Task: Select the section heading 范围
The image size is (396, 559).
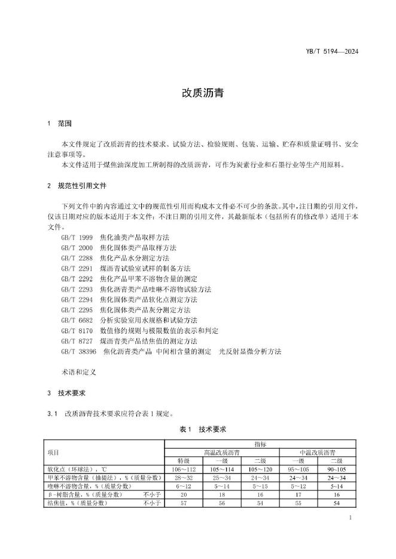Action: point(65,124)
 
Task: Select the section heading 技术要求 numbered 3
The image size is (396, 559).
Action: point(72,393)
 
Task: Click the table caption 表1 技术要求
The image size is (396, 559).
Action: point(197,429)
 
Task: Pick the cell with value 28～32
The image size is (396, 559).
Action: point(184,478)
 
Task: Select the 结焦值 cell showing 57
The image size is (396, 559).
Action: point(184,503)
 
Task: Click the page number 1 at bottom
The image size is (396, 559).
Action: point(350,519)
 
